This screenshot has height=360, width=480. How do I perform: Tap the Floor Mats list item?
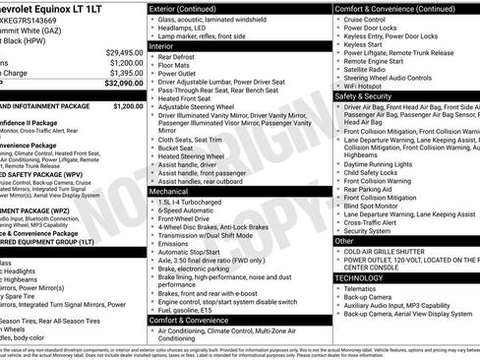[176, 64]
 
